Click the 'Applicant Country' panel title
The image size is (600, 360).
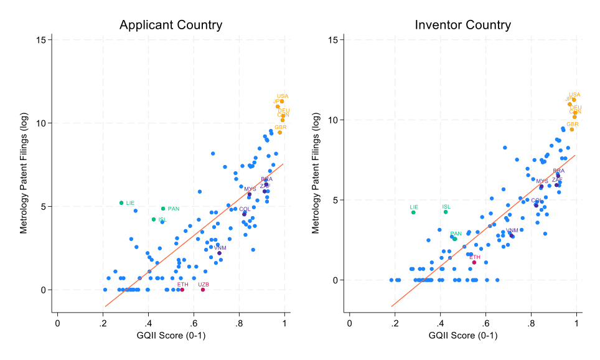pyautogui.click(x=171, y=26)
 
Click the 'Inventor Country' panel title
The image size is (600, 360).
pyautogui.click(x=462, y=26)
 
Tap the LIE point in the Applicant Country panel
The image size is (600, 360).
pyautogui.click(x=121, y=203)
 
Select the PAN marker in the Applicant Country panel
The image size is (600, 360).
pyautogui.click(x=163, y=209)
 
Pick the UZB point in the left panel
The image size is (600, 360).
pyautogui.click(x=203, y=290)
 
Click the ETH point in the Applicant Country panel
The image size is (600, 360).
pyautogui.click(x=182, y=290)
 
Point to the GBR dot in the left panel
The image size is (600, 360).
pyautogui.click(x=279, y=132)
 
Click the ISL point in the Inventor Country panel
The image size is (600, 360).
pyautogui.click(x=446, y=212)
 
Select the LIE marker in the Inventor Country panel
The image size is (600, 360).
pyautogui.click(x=413, y=212)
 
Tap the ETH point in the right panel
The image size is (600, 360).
pyautogui.click(x=474, y=262)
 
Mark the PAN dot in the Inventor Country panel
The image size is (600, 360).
pyautogui.click(x=455, y=239)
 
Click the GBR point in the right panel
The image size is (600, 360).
pyautogui.click(x=571, y=129)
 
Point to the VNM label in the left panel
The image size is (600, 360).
pyautogui.click(x=220, y=248)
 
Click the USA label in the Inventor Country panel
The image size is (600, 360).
pyautogui.click(x=574, y=95)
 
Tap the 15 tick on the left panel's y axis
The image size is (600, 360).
pyautogui.click(x=42, y=39)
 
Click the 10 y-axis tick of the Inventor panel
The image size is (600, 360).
pyautogui.click(x=334, y=120)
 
